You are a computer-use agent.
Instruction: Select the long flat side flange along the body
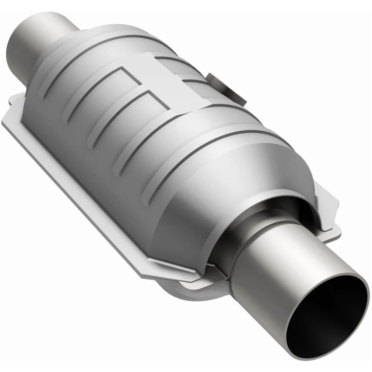78,176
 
